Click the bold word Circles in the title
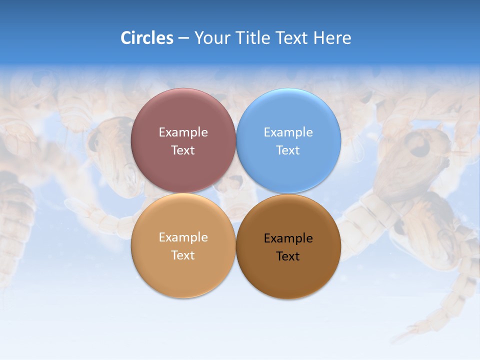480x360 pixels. tap(146, 38)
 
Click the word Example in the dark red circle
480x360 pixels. tap(183, 132)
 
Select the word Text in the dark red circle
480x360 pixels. tap(183, 150)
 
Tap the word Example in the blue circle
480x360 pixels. tap(288, 132)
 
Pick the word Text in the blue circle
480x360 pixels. tap(288, 150)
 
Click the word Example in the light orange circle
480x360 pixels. tap(183, 237)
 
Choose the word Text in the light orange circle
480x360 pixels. tap(183, 255)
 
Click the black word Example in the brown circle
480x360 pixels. tap(288, 238)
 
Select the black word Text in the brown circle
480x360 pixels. tap(288, 256)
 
